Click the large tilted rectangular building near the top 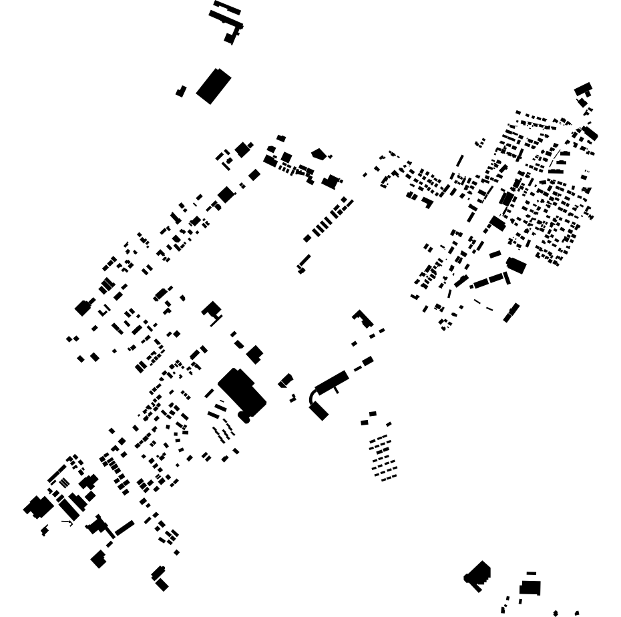(x=213, y=85)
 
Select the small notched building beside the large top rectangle (x=181, y=91)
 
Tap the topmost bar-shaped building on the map (x=227, y=7)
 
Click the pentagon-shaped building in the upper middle (x=318, y=154)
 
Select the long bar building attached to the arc (x=332, y=382)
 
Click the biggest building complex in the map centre (x=241, y=392)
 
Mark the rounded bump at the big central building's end (x=244, y=418)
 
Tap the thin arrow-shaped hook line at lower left (x=67, y=522)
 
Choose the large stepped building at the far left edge (x=38, y=507)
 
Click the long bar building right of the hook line (x=124, y=528)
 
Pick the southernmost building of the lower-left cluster (x=162, y=585)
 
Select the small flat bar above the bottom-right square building (x=531, y=573)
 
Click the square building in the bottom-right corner (x=530, y=588)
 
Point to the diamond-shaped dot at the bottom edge (x=556, y=613)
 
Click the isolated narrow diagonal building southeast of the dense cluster (x=511, y=312)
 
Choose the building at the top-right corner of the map (x=583, y=89)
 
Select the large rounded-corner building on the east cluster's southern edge (x=516, y=265)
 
